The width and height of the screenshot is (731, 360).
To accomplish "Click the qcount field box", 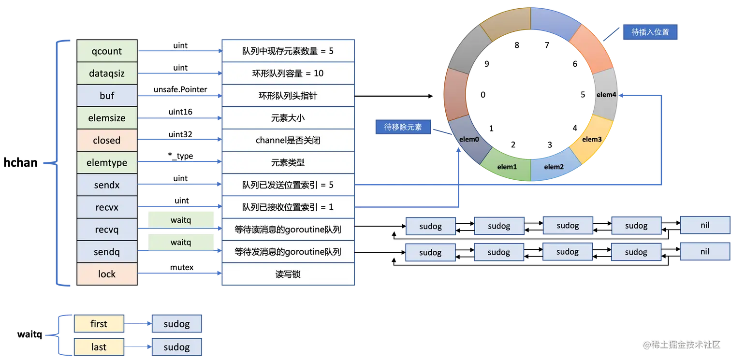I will click(107, 51).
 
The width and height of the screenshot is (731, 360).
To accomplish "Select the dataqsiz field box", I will click(107, 73).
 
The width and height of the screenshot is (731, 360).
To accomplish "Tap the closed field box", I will click(107, 140).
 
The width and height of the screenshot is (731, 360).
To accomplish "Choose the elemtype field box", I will click(107, 163).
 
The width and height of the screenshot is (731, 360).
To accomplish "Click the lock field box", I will click(107, 274).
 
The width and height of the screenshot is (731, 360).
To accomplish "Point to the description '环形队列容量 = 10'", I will click(288, 73).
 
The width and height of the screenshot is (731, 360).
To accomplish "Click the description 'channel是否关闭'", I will click(288, 141).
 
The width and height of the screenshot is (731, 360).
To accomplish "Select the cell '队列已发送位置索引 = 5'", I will click(288, 185).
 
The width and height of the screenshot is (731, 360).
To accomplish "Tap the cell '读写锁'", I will click(288, 274).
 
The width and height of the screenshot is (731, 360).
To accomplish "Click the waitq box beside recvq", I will click(181, 220).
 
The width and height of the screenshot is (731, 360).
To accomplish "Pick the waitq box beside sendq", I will click(181, 242).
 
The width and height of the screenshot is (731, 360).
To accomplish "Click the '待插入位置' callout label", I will click(650, 32).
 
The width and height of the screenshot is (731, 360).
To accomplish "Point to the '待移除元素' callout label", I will click(403, 127).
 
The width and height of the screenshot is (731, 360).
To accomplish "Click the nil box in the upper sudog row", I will click(704, 225).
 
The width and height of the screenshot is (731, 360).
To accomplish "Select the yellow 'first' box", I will click(99, 324).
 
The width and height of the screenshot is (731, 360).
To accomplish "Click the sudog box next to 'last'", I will click(176, 347).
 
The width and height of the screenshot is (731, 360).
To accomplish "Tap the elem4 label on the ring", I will click(606, 95).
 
